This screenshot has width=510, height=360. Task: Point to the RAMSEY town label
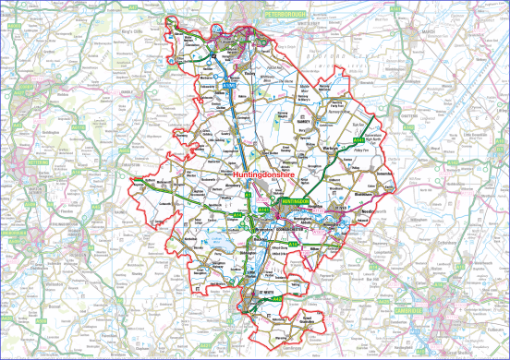pos(307,120)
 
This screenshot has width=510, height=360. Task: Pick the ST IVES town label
pos(337,210)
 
